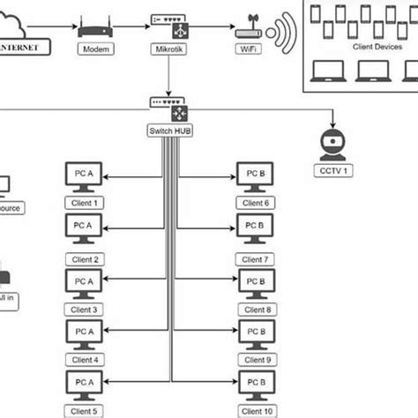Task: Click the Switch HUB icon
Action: (x=168, y=113)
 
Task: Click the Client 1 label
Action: (x=85, y=203)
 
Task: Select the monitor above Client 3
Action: (x=85, y=283)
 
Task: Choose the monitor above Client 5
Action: (x=85, y=384)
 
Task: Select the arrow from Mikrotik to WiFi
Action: (x=209, y=27)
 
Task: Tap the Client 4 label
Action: (x=85, y=360)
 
